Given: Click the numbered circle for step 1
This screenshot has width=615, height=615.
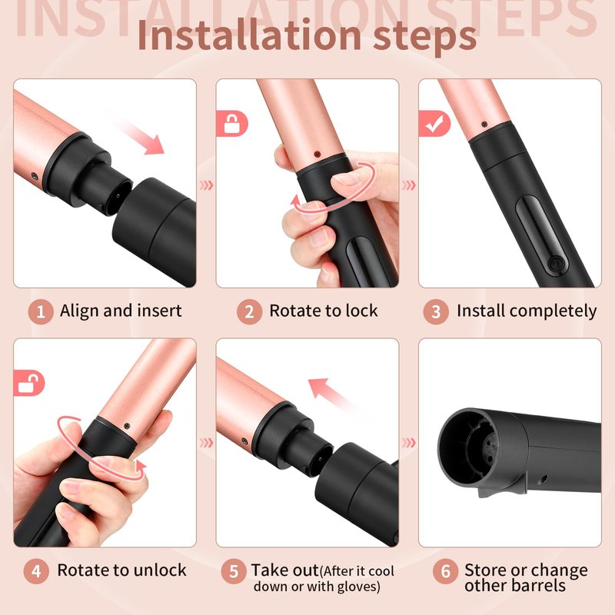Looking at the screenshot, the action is [x=41, y=312].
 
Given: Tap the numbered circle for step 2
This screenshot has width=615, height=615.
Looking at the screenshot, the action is [x=249, y=312].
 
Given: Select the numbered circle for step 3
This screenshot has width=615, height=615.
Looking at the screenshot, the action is [x=436, y=312].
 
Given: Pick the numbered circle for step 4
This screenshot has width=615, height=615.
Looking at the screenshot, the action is [x=36, y=571].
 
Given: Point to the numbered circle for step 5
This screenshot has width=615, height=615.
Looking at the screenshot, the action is [x=234, y=571].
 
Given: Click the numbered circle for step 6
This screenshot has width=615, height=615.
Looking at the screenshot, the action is [x=446, y=571].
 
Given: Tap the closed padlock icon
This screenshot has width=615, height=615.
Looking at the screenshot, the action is [x=231, y=124].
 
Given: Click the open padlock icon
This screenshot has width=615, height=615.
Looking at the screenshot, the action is [x=28, y=383].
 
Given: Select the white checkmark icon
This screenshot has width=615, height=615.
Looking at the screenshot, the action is [x=434, y=124].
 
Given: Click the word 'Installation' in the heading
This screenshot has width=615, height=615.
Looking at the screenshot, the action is [x=249, y=35].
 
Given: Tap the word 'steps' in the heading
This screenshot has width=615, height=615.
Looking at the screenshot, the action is [x=425, y=38].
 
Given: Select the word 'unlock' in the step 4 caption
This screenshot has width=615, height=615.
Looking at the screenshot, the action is [x=159, y=570].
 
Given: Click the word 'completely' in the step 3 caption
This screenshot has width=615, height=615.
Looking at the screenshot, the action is [x=557, y=311].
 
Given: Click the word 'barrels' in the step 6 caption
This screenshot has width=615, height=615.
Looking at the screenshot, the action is [x=540, y=585].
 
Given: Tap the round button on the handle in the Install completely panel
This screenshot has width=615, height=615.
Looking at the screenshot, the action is [x=556, y=263].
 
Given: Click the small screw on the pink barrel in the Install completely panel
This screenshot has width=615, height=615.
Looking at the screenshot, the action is [x=484, y=125].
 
